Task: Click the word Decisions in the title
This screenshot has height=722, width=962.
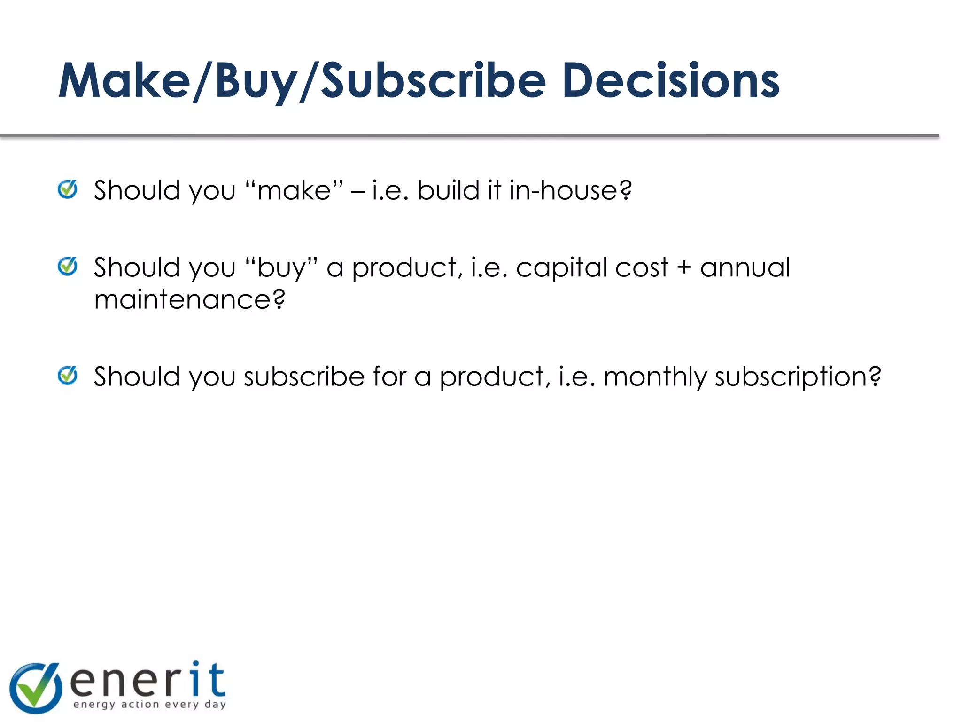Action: click(670, 81)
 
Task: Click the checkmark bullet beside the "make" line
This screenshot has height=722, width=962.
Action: click(68, 189)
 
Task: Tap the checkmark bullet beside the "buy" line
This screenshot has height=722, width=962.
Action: click(68, 267)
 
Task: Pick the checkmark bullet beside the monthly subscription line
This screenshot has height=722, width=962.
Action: click(68, 376)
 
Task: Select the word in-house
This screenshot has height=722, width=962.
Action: click(570, 190)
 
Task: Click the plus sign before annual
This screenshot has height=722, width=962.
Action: click(684, 268)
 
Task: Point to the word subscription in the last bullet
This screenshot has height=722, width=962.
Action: click(798, 377)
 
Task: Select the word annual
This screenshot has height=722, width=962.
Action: click(745, 268)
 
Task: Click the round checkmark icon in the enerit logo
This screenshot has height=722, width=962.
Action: click(36, 688)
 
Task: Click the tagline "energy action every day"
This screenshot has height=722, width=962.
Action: click(150, 704)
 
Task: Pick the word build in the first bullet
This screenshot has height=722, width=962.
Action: click(448, 190)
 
